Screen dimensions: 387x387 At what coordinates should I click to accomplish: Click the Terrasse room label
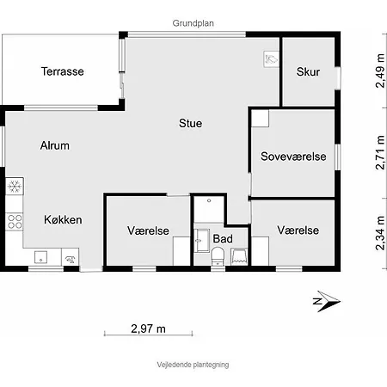tap(63, 71)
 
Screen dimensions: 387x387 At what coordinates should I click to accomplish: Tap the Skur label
tap(308, 71)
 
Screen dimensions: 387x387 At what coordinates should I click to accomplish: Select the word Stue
tap(190, 123)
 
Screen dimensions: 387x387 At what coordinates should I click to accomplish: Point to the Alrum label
tap(55, 145)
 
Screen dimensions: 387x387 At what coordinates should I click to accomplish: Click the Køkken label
tap(63, 219)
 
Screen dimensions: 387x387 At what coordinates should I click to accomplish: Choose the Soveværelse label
tap(293, 157)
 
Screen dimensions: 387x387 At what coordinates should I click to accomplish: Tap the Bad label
tap(223, 239)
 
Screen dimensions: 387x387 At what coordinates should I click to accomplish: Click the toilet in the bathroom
tap(218, 256)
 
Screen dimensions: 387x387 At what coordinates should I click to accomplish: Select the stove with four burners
tap(15, 222)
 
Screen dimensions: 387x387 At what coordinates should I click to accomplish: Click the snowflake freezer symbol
tap(15, 187)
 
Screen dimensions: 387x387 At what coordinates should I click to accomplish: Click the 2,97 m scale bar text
tap(148, 329)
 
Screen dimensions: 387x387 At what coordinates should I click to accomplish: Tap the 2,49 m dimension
tap(380, 71)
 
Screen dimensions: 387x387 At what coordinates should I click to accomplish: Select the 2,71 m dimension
tap(380, 152)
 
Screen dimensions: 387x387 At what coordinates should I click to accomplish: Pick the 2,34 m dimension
tap(380, 233)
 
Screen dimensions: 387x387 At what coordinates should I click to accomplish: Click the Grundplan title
tap(193, 23)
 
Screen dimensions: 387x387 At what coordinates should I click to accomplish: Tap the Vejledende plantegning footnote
tap(193, 365)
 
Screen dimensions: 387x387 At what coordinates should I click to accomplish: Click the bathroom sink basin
tap(202, 241)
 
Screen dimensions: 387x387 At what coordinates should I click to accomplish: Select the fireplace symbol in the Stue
tap(271, 59)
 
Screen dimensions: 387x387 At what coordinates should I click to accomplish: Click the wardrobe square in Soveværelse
tap(261, 119)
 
